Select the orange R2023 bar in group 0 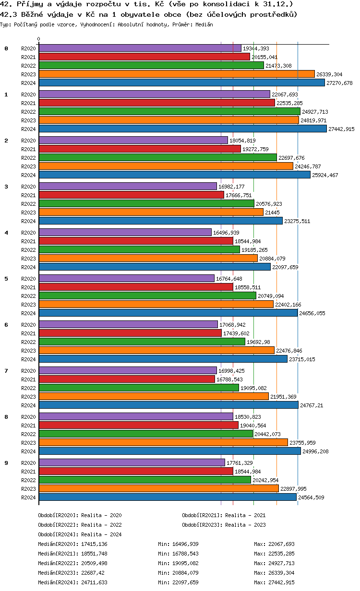[x=177, y=74]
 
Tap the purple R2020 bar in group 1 [x=154, y=94]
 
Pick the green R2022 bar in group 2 [x=157, y=157]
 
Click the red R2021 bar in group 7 [x=127, y=379]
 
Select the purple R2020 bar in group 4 [x=125, y=232]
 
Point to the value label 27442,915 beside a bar [x=341, y=129]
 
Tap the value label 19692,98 [x=259, y=342]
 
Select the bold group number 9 [x=6, y=463]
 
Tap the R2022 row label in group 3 [x=28, y=204]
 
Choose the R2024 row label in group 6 [x=28, y=359]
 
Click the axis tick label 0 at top [x=39, y=39]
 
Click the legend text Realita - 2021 [x=245, y=515]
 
